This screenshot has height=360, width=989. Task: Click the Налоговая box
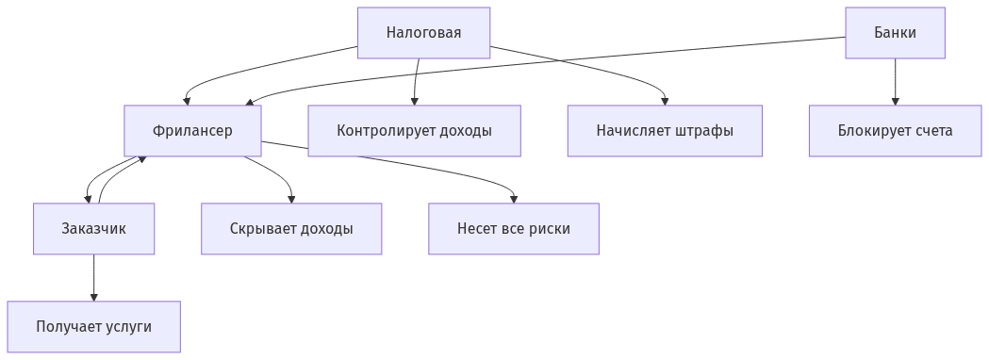pos(423,33)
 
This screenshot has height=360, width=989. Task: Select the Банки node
pos(895,33)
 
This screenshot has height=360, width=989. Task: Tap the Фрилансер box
pos(192,130)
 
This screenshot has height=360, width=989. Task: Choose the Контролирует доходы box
pos(414,130)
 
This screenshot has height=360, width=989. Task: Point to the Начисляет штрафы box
pos(664,130)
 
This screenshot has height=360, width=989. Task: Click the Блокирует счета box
pos(895,130)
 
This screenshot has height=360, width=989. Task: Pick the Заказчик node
pos(93,228)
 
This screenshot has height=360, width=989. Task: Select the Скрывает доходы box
pos(291,228)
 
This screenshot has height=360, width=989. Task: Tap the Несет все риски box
pos(513,228)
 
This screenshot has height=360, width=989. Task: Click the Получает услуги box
pos(93,326)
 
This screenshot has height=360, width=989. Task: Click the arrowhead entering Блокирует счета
pos(895,101)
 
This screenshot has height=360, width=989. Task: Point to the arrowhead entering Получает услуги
pos(93,297)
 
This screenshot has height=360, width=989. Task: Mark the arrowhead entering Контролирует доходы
pos(414,101)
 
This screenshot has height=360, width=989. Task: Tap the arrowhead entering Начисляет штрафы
pos(665,101)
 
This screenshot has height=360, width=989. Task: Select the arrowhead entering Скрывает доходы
pos(291,199)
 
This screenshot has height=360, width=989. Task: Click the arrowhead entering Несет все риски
pos(514,199)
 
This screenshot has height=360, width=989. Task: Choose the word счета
pos(932,130)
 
